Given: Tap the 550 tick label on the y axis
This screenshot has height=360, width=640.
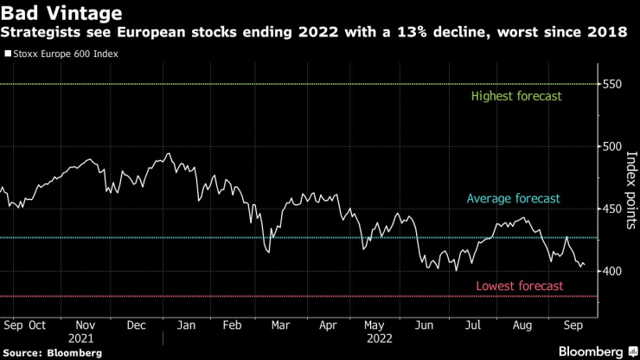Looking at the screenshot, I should pos(613,85).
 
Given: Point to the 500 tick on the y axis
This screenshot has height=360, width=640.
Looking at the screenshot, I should pos(613,147).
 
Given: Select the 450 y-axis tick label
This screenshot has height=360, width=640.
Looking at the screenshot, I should pos(613,209).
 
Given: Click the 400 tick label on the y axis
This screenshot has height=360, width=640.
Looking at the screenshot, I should pos(613,272).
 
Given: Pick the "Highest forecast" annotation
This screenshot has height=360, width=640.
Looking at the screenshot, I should pos(516,96).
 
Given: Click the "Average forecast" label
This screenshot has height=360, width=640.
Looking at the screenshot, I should pos(514,199).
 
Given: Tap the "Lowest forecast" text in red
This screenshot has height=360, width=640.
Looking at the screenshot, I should pos(520,286).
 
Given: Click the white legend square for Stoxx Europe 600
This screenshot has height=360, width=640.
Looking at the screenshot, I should pos(9,54).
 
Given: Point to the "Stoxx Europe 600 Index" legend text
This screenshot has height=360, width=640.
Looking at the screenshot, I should pos(66,54).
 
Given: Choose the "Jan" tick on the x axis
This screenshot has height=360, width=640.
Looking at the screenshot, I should pos(183,325).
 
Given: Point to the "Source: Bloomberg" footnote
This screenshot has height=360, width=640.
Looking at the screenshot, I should pos(53,353).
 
